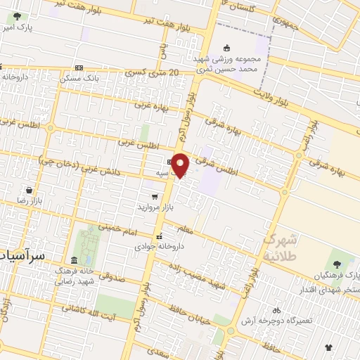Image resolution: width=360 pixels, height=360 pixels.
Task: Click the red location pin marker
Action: [x=181, y=165]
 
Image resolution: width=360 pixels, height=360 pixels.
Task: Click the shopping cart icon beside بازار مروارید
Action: [x=154, y=197]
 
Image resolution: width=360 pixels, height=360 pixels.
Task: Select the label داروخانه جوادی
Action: [x=158, y=247]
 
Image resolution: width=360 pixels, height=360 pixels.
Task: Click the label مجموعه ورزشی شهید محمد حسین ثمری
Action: [x=229, y=64]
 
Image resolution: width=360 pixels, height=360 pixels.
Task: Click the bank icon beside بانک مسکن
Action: [x=79, y=68]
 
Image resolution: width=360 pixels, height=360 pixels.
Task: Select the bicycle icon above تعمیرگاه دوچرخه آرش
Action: [x=276, y=310]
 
